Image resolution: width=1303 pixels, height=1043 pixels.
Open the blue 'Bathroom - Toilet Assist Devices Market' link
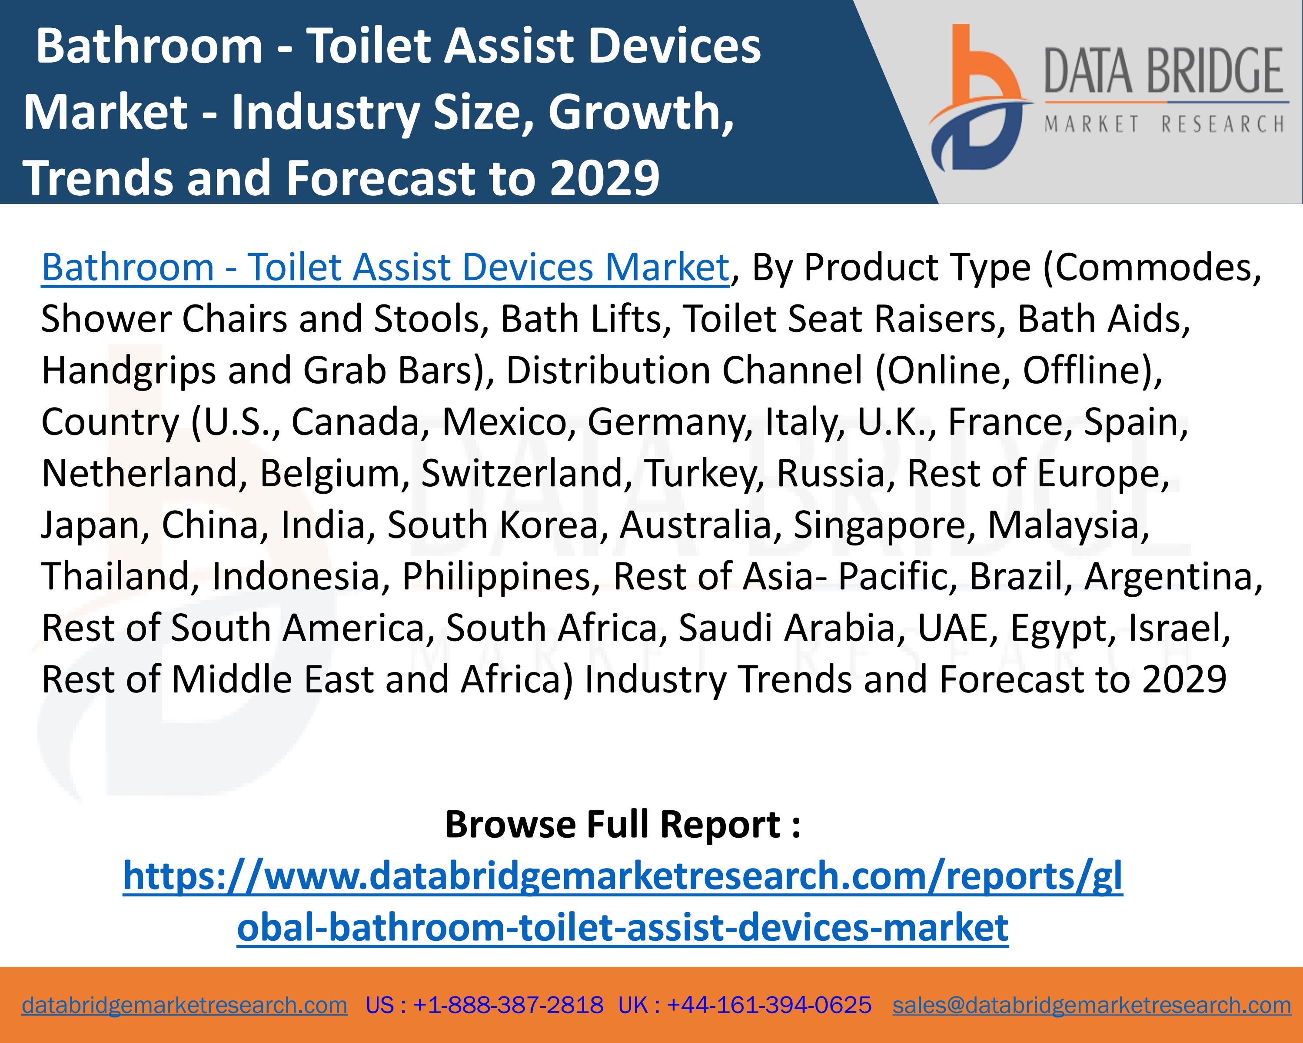385,267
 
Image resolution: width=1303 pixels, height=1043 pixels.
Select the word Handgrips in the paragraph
129,370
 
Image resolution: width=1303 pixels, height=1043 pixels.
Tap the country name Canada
356,421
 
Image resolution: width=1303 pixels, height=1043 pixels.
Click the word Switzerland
521,473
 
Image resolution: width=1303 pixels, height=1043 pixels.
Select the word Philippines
495,576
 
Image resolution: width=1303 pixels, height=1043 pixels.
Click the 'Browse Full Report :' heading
622,824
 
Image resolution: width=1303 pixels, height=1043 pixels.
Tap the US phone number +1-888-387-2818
508,1005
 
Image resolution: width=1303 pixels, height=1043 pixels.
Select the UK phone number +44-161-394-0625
769,1005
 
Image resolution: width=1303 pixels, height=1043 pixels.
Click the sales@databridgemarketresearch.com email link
1091,1005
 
